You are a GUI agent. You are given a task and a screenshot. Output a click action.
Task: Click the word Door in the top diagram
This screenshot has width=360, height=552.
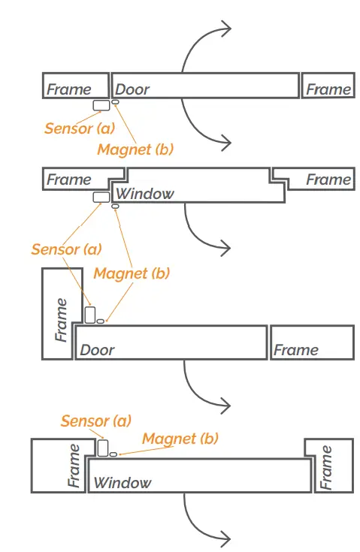tap(132, 89)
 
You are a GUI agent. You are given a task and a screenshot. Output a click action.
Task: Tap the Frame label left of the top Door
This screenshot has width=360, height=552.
tap(68, 89)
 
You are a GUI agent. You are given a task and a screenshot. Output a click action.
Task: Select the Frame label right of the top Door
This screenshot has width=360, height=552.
tap(328, 89)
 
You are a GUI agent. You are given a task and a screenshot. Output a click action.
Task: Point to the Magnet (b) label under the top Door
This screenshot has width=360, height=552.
tap(135, 149)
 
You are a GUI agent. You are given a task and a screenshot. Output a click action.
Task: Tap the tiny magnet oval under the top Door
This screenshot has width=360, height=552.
tap(116, 101)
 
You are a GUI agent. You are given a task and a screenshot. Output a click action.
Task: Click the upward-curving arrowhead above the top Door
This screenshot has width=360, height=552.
tap(225, 29)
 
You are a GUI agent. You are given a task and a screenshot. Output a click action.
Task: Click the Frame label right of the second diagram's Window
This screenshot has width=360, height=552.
tap(328, 179)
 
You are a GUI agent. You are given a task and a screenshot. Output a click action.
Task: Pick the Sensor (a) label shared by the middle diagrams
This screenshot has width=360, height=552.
tap(66, 249)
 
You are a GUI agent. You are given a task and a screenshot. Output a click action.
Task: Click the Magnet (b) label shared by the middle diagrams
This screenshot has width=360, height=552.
tap(132, 273)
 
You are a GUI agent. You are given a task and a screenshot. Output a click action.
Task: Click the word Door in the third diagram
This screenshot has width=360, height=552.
tap(97, 350)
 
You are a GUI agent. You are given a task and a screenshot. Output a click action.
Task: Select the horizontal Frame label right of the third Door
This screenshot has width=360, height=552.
tap(295, 350)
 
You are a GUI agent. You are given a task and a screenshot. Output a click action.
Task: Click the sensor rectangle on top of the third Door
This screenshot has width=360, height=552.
tap(90, 315)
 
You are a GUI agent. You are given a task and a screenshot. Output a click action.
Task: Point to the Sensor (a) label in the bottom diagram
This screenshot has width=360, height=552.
tap(95, 421)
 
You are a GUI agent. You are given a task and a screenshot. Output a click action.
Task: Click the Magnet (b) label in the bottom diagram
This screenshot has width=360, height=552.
tap(180, 438)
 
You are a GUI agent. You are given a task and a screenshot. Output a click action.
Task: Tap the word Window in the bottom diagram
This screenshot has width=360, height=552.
tap(123, 483)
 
